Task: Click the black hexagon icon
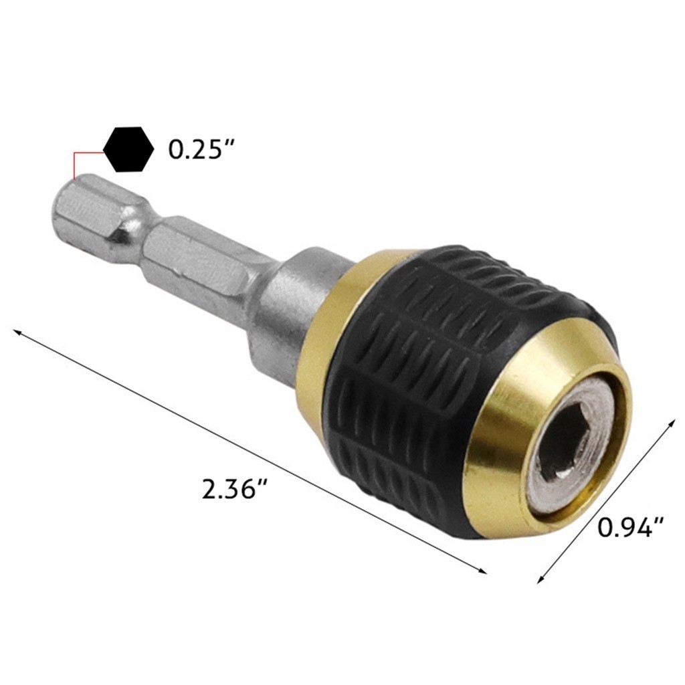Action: point(128,149)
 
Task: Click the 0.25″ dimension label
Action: point(203,150)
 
